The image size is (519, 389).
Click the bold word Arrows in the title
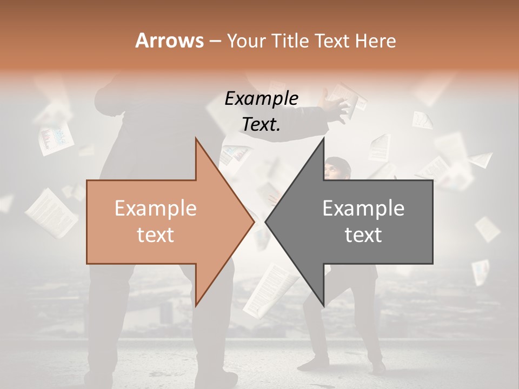170,41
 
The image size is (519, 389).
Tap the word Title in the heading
289,41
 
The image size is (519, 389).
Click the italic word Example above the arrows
261,98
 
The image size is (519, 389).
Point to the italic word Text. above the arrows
261,124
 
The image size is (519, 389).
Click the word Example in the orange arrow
155,208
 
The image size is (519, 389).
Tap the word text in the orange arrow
155,234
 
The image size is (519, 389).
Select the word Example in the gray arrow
363,208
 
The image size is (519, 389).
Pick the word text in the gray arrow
363,234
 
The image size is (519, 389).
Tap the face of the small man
334,170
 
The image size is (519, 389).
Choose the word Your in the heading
245,41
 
